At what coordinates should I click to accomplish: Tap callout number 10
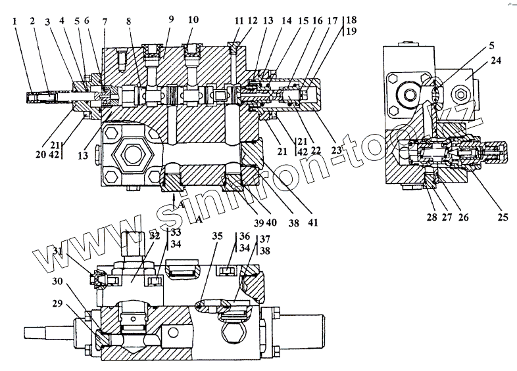click(x=193, y=20)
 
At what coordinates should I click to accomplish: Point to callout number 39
click(x=259, y=222)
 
